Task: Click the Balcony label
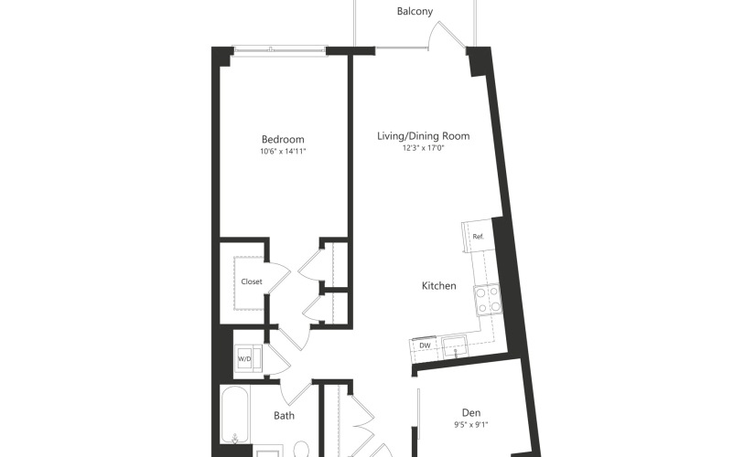click(415, 12)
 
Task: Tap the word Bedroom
click(283, 140)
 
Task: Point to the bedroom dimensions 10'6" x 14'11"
click(283, 152)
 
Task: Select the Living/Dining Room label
click(423, 136)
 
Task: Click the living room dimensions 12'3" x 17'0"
click(423, 148)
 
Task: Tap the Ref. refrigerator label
click(478, 237)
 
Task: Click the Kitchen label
click(438, 286)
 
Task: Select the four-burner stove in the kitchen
click(488, 299)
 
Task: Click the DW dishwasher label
click(425, 345)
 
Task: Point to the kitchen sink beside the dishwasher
click(455, 346)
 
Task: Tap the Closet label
click(252, 282)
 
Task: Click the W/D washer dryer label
click(244, 359)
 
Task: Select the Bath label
click(284, 416)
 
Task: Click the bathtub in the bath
click(235, 415)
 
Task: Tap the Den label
click(471, 413)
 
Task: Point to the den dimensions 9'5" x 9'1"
click(471, 425)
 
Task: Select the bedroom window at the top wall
click(280, 49)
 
